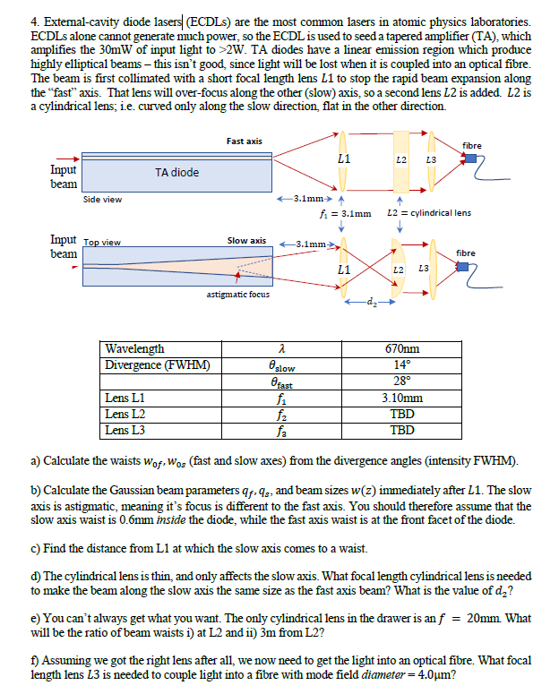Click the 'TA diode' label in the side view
pos(177,172)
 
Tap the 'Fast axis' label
pos(244,141)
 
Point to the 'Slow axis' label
pos(245,240)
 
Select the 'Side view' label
pos(102,199)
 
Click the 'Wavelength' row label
pos(134,349)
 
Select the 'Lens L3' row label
pos(125,430)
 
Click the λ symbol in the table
pos(282,349)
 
